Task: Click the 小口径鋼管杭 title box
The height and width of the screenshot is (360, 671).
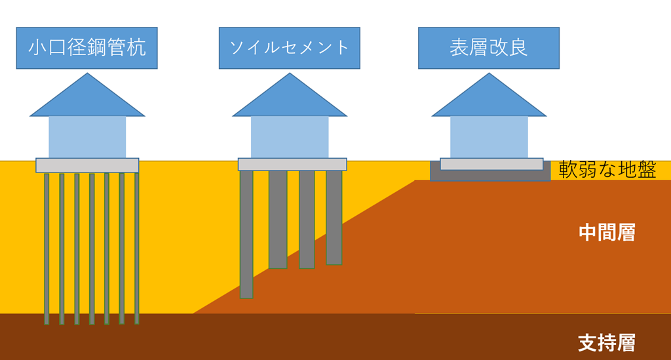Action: click(x=87, y=48)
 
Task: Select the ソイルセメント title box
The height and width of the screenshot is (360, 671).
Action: click(x=289, y=48)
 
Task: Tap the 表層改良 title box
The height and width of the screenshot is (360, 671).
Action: click(x=488, y=48)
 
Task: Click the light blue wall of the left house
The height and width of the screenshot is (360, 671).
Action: click(x=87, y=137)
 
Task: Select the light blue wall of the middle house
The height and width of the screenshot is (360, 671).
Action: click(x=289, y=137)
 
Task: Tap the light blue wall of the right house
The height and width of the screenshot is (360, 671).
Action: click(x=489, y=137)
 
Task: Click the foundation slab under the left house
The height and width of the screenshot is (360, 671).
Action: click(x=87, y=165)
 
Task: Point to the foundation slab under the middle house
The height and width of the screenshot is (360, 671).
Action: click(x=292, y=165)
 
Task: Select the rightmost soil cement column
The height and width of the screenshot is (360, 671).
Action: click(x=334, y=217)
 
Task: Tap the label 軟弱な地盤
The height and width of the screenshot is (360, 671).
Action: click(x=607, y=170)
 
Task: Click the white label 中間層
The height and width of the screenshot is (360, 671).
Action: click(x=607, y=233)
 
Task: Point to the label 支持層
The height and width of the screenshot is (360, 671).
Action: click(x=607, y=343)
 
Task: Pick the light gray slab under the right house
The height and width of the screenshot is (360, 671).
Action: click(x=491, y=164)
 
